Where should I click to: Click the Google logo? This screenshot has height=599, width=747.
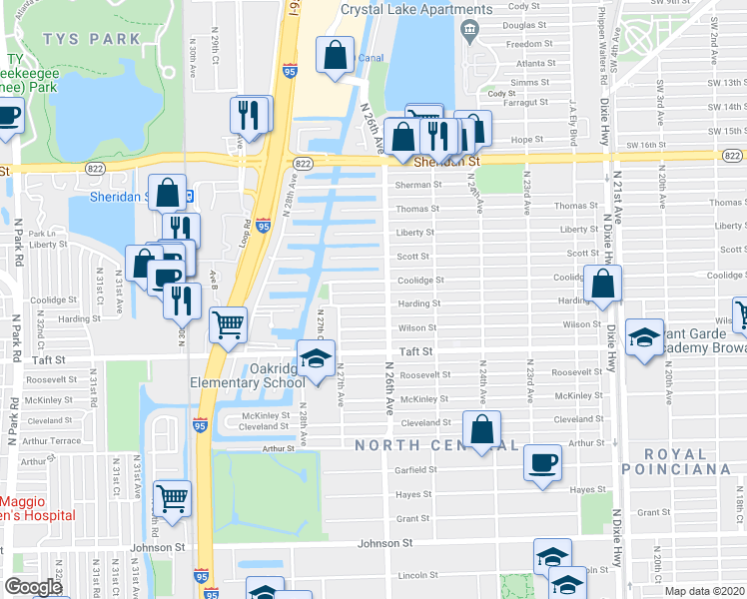coord(33,587)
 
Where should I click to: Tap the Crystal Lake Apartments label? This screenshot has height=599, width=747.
coord(416,10)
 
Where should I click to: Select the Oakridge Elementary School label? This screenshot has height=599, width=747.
coord(249,375)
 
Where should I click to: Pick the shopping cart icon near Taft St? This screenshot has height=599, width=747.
coord(229,322)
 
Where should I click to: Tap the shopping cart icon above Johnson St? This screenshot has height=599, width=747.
coord(174,495)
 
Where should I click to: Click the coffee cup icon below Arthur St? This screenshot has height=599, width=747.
coord(543,462)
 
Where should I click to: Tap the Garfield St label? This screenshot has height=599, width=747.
coord(416,469)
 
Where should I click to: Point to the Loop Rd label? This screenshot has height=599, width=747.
coord(245,233)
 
